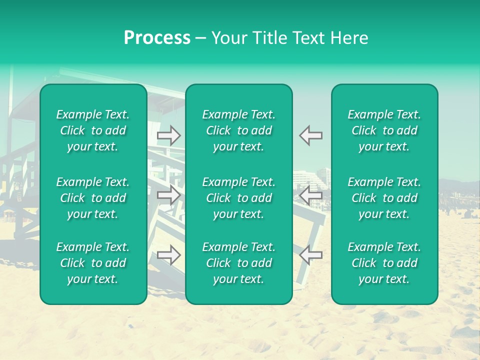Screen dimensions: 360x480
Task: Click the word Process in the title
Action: [157, 38]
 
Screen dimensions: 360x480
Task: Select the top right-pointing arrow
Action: [169, 135]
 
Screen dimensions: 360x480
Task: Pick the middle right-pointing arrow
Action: [169, 195]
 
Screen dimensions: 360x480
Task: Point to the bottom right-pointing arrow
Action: [169, 255]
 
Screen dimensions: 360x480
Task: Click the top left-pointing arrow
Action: [310, 135]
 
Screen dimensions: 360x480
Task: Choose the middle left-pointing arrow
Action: [310, 195]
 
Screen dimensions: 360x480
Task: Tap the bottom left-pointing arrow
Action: [310, 255]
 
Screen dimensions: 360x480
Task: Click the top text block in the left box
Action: [93, 130]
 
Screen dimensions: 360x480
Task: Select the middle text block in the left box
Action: [93, 198]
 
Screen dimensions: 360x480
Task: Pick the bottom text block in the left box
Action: [93, 263]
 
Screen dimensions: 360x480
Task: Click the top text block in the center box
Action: [239, 130]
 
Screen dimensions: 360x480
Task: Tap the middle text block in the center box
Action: [239, 198]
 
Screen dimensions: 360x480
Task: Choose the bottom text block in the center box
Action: [239, 263]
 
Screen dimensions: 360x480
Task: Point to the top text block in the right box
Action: [384, 130]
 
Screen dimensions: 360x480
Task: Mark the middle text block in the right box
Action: [384, 198]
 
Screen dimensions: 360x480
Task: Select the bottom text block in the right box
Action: [384, 263]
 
